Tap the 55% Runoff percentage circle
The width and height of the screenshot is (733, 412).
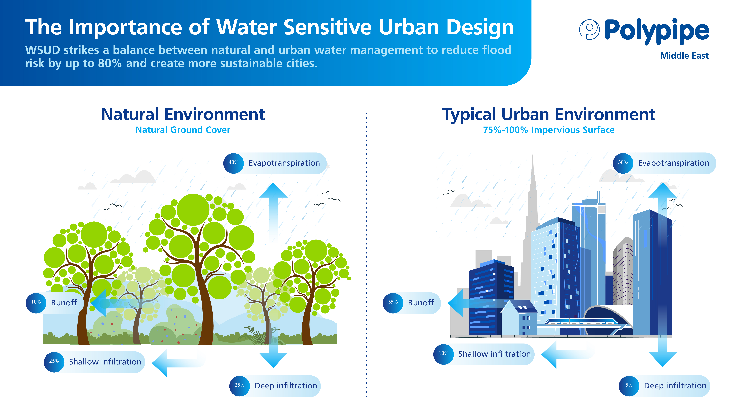393,303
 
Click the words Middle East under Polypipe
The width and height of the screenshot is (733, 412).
684,56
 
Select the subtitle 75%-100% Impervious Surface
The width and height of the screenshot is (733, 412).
549,130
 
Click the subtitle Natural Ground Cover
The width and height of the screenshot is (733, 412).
183,130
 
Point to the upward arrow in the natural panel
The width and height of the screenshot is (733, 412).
273,212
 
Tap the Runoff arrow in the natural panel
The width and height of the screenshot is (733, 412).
119,303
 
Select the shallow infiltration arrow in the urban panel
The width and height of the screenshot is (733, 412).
568,355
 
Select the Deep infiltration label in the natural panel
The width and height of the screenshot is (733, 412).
286,386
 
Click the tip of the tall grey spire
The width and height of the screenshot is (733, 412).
532,155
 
